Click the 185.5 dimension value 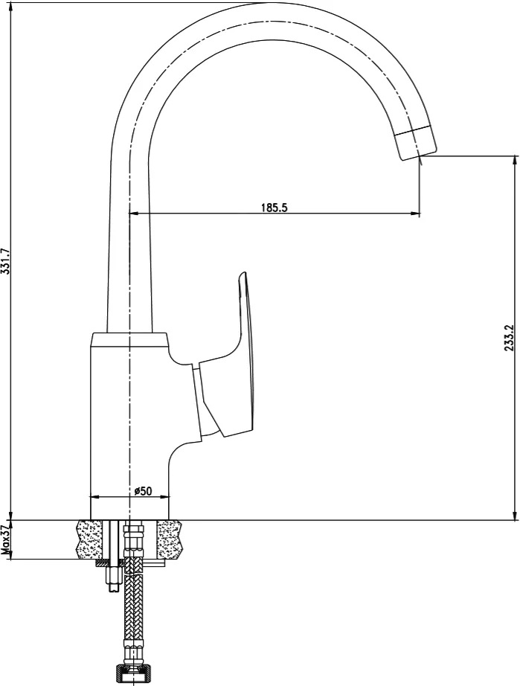(275, 207)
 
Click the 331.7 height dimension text (5, 262)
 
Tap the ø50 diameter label (143, 491)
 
